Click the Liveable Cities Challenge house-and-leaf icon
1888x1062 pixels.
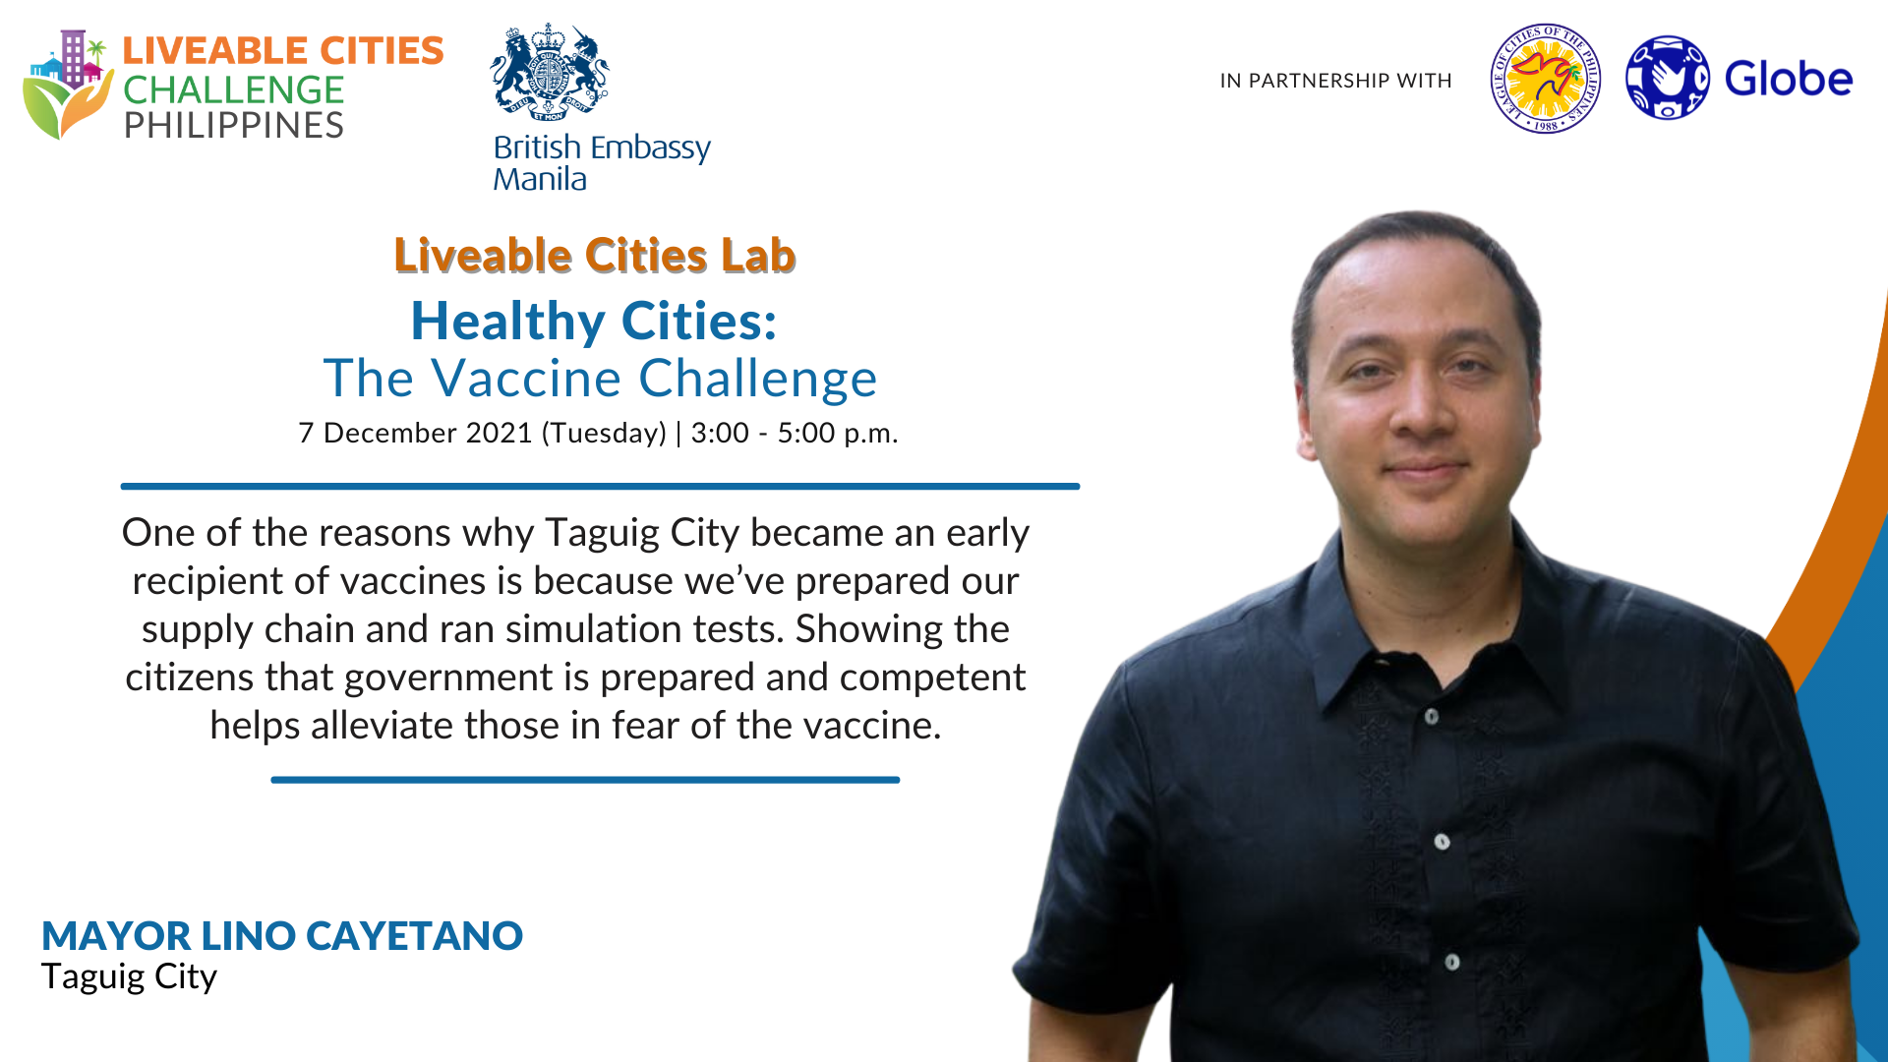[68, 85]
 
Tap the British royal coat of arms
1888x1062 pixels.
[549, 73]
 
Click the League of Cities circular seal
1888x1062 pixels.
[1545, 79]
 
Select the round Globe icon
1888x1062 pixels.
[1667, 78]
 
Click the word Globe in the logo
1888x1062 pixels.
[1789, 79]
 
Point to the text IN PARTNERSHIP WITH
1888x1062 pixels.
[1335, 81]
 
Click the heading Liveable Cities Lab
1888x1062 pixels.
[595, 256]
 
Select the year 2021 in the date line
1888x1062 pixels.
[499, 433]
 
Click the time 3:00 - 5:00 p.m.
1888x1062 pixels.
[795, 434]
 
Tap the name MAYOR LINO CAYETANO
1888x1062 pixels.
[282, 936]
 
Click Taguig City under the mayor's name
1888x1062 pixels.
[129, 977]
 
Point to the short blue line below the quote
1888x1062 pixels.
[585, 780]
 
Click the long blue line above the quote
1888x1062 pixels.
[600, 486]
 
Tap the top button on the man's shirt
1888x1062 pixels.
[1432, 716]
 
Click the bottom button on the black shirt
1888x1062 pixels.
[1452, 962]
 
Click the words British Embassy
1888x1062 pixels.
[602, 148]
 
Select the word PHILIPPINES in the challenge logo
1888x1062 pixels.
[234, 126]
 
